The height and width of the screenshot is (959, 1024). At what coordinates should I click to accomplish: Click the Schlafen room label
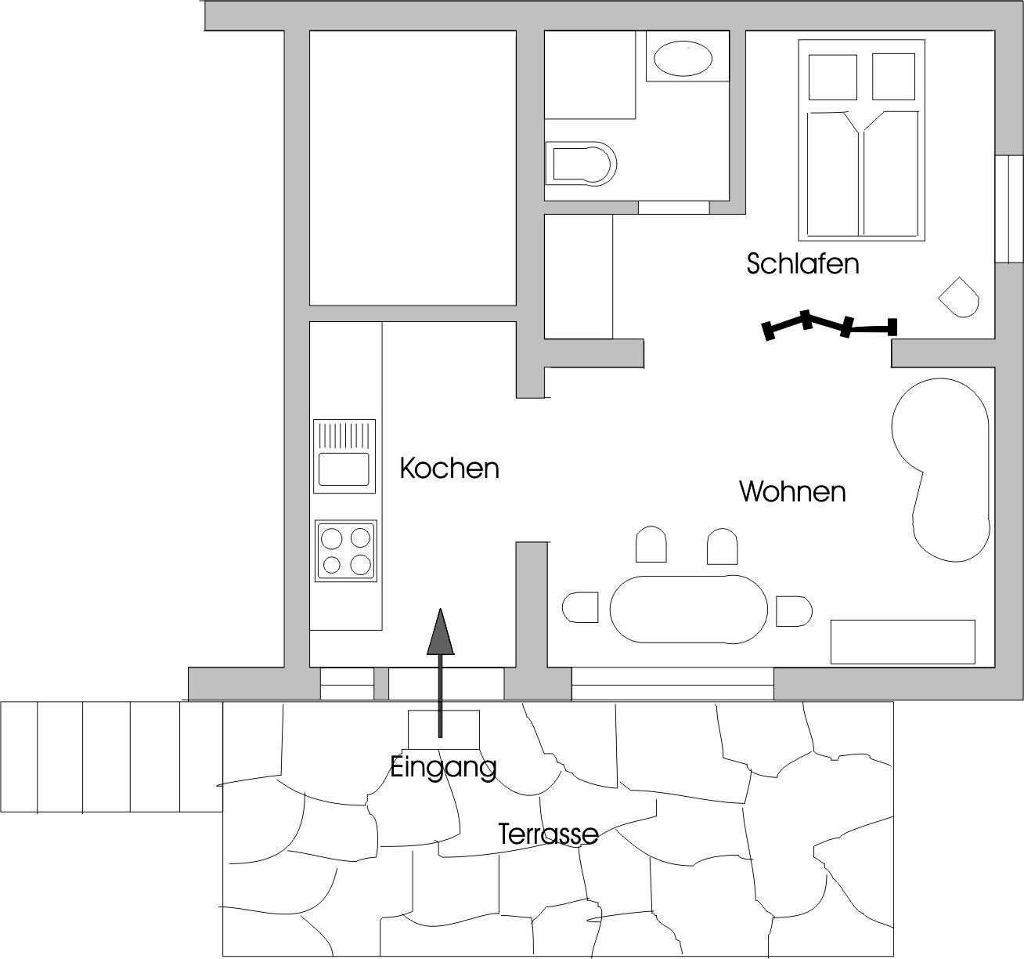coord(802,264)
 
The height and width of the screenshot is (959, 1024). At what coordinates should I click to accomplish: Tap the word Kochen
coord(449,469)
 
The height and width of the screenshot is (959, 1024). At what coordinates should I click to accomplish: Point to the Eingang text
coord(443,768)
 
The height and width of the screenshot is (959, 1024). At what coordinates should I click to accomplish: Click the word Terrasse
coord(548,834)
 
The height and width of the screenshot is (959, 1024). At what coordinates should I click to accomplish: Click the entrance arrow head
coord(440,631)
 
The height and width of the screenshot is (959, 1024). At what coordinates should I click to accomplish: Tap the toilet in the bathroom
coord(581,164)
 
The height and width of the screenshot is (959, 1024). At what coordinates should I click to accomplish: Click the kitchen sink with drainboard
coord(344,456)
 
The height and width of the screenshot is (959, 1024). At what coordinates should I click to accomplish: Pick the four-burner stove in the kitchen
coord(346,551)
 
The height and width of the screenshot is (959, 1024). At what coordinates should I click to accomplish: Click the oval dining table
coord(688,609)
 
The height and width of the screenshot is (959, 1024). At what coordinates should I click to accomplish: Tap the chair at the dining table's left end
coord(580,607)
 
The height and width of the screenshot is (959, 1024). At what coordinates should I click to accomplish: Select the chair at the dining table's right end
coord(794,611)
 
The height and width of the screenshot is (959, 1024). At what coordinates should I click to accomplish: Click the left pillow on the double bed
coord(833,77)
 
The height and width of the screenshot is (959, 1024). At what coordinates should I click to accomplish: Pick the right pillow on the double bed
coord(893,76)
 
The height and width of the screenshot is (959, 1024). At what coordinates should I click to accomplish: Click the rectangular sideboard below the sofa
coord(903,642)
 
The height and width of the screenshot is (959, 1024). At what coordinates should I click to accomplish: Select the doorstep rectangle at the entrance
coord(443,729)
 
